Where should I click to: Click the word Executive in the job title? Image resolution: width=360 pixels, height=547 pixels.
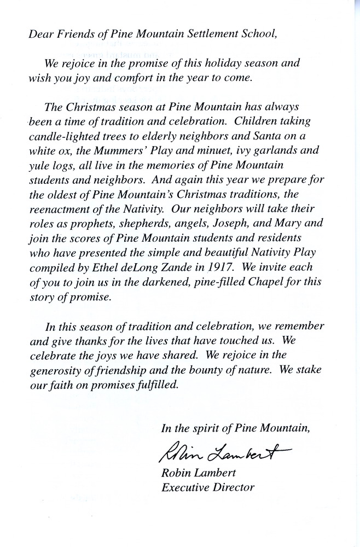click(x=184, y=487)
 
